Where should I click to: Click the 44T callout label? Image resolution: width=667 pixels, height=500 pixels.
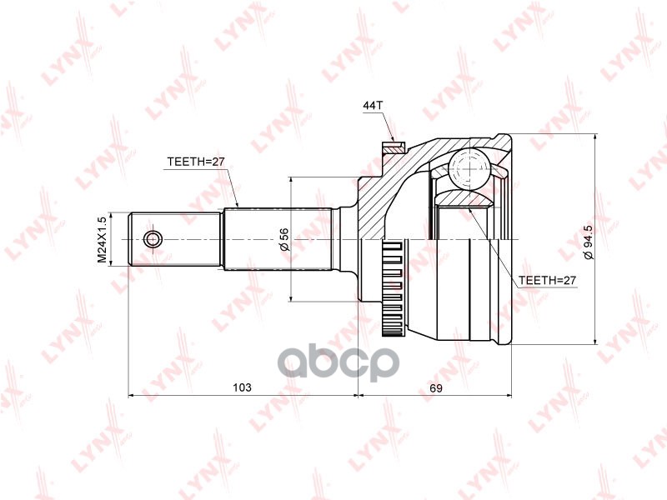tap(372, 106)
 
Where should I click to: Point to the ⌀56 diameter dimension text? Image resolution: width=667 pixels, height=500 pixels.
tap(283, 240)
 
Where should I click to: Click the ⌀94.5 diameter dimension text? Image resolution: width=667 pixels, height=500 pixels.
tap(588, 242)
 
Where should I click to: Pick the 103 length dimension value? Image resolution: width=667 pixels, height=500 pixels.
tap(242, 388)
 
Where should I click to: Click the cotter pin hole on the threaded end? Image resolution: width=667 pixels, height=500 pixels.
tap(152, 240)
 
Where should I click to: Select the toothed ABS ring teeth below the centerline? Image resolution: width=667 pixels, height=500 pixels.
tap(393, 287)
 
